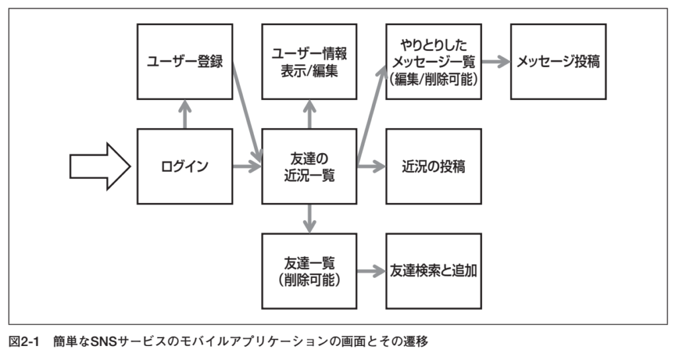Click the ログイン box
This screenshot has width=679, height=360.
point(185,166)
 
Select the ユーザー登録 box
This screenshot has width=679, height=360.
point(185,62)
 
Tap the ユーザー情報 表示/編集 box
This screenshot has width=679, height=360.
point(309,62)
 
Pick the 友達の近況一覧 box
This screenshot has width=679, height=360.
point(309,166)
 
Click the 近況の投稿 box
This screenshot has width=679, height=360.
point(434,166)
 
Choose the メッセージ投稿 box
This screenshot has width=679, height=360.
point(558,62)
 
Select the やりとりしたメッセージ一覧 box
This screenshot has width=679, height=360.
point(434,62)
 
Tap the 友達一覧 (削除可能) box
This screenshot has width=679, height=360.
point(309,271)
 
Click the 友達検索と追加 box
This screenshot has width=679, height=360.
point(434,271)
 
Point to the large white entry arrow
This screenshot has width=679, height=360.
point(100,166)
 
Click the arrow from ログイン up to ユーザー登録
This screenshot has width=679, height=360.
point(185,115)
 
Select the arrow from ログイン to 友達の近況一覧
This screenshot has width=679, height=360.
point(247,166)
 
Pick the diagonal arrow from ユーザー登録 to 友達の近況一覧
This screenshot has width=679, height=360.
point(247,113)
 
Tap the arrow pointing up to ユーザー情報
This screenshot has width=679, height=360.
point(309,115)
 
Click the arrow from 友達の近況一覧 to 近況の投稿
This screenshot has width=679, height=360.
point(371,166)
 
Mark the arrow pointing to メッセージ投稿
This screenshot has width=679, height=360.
point(496,62)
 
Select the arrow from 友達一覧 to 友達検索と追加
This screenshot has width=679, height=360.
point(371,271)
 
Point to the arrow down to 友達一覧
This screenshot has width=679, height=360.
point(309,219)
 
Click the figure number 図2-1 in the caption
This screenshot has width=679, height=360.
point(25,342)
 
